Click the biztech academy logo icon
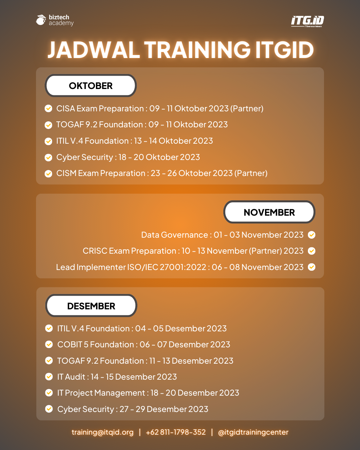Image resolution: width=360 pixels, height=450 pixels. point(41,20)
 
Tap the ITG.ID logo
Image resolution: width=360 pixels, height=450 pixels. point(307,21)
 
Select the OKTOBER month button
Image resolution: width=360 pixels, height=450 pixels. point(91,86)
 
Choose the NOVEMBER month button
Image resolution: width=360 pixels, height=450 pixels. point(269,212)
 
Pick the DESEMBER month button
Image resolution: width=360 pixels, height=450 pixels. point(91,306)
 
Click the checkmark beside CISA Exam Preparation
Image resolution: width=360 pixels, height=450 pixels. point(49,109)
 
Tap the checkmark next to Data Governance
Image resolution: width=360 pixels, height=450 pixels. point(311,235)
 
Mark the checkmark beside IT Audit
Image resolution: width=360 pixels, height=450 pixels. point(49,377)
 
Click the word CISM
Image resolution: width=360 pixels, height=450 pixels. point(66,173)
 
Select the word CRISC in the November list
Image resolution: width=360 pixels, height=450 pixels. point(95,251)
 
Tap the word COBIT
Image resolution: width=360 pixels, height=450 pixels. point(70,345)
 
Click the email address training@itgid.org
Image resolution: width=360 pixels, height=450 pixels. point(102,432)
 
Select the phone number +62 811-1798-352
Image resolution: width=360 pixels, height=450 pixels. point(176,432)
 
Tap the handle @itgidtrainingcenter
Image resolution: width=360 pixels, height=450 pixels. point(253,432)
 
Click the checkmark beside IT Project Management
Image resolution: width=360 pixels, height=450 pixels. point(49,393)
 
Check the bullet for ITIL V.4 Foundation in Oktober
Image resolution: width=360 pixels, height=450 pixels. point(49,141)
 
